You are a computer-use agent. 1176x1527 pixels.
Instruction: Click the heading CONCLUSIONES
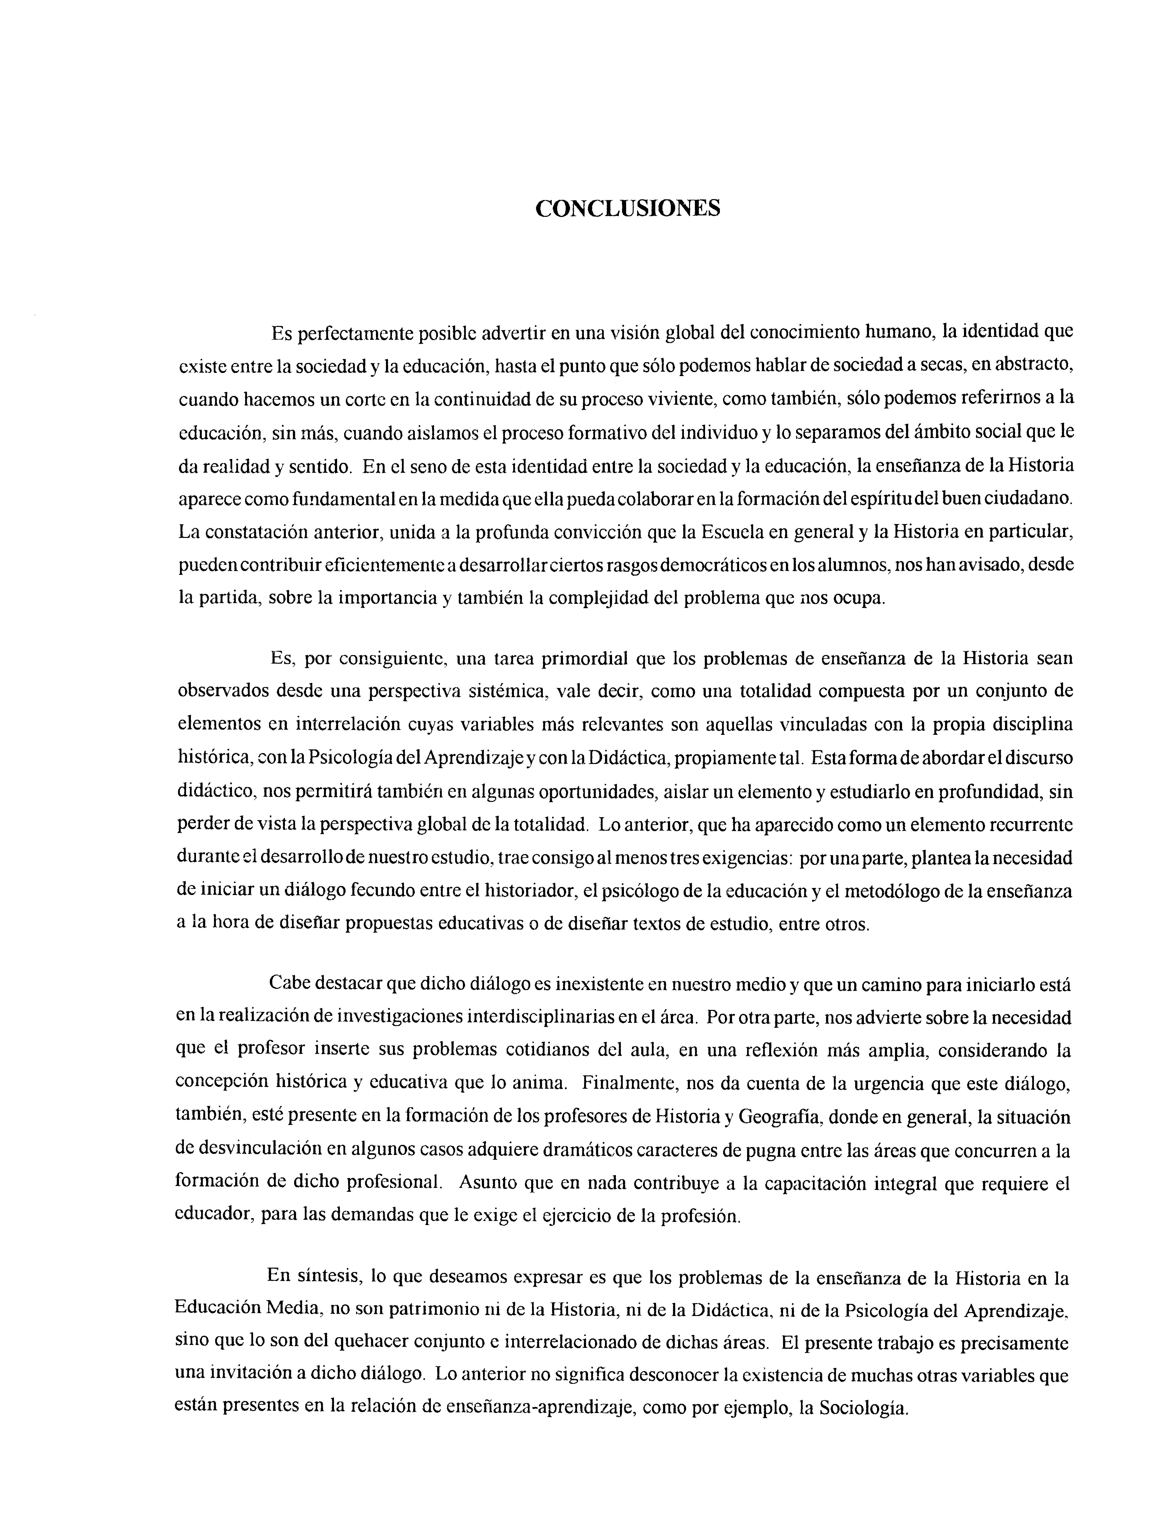click(x=627, y=208)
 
